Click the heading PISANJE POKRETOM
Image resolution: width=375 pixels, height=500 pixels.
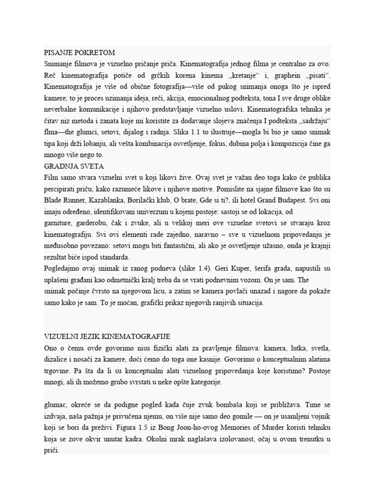80,53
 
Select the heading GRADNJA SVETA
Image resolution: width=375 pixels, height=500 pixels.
74,167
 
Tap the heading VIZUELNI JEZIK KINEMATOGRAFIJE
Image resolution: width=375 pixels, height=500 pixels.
106,337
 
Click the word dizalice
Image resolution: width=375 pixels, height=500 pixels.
57,360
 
